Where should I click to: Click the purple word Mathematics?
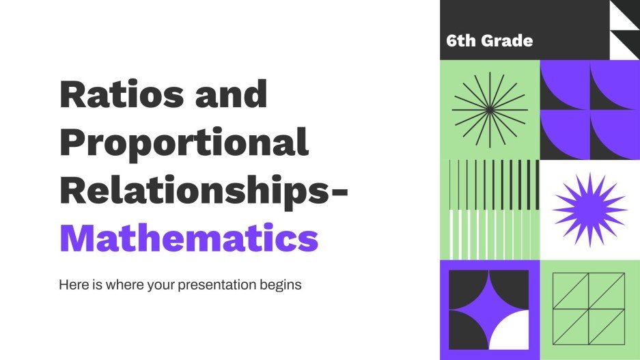[x=189, y=237]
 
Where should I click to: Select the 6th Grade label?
[x=489, y=40]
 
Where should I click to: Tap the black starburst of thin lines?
[x=490, y=109]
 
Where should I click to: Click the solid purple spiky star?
[x=589, y=209]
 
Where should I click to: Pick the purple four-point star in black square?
[x=489, y=309]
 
